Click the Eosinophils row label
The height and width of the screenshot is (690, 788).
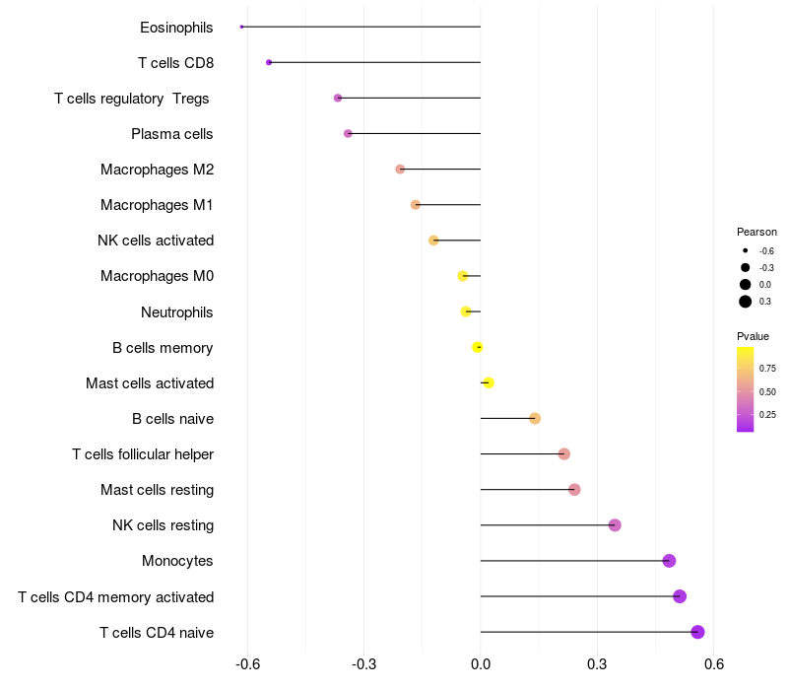click(176, 28)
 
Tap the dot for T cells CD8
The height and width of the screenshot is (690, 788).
click(269, 62)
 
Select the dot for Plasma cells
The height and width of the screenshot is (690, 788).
click(348, 133)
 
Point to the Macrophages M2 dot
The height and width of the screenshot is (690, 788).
click(400, 170)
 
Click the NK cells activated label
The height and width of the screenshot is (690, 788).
click(156, 241)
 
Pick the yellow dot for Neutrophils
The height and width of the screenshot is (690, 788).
click(466, 311)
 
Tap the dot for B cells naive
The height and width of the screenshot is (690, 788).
click(535, 418)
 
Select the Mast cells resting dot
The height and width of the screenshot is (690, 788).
click(574, 490)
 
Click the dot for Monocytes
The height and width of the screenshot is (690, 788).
click(670, 561)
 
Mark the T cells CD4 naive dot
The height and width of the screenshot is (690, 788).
click(697, 632)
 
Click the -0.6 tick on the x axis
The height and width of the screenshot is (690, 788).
click(247, 664)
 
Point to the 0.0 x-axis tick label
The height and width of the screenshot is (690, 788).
click(481, 664)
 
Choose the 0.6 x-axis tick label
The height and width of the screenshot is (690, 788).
click(714, 664)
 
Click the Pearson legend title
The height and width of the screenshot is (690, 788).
click(756, 232)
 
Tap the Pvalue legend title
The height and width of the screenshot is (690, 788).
click(754, 336)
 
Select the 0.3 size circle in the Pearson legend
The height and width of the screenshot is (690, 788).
click(746, 302)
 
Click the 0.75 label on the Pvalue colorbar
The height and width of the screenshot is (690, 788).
click(767, 369)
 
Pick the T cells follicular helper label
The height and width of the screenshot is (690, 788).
click(143, 454)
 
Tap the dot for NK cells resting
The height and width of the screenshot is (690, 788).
click(615, 525)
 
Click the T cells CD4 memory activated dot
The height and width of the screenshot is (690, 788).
click(680, 596)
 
